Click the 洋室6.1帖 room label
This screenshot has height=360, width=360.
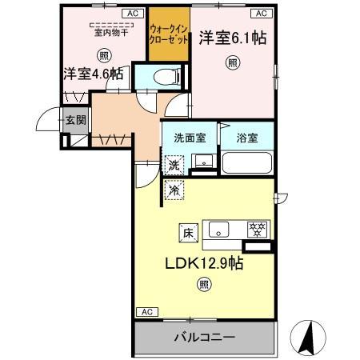(x=233, y=37)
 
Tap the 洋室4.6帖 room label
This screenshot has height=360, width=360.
(x=94, y=74)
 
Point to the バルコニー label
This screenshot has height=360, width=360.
(x=205, y=338)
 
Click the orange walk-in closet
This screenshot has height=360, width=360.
(x=167, y=35)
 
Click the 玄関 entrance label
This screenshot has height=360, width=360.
(x=75, y=120)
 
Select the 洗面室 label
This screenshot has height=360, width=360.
(x=190, y=137)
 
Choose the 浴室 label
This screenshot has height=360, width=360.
(x=246, y=137)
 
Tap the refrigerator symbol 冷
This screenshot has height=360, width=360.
(x=174, y=191)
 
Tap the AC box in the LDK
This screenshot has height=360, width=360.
(x=146, y=311)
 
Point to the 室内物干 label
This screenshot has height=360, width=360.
(x=104, y=33)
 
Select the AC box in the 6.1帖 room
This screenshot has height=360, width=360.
(x=261, y=14)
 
